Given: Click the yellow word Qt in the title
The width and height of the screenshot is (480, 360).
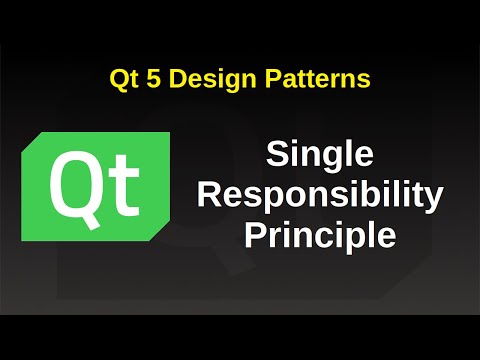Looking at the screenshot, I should (x=122, y=78).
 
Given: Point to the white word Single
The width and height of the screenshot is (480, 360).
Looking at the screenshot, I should (x=320, y=155).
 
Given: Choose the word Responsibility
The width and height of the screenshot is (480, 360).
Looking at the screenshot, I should (x=320, y=196).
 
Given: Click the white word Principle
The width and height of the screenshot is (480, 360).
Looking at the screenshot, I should (x=320, y=237).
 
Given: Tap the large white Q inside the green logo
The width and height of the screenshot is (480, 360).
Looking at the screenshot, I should (x=81, y=186).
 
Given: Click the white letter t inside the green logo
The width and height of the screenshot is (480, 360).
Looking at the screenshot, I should (x=125, y=187).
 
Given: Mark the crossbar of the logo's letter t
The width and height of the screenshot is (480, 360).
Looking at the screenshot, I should (x=125, y=169).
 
